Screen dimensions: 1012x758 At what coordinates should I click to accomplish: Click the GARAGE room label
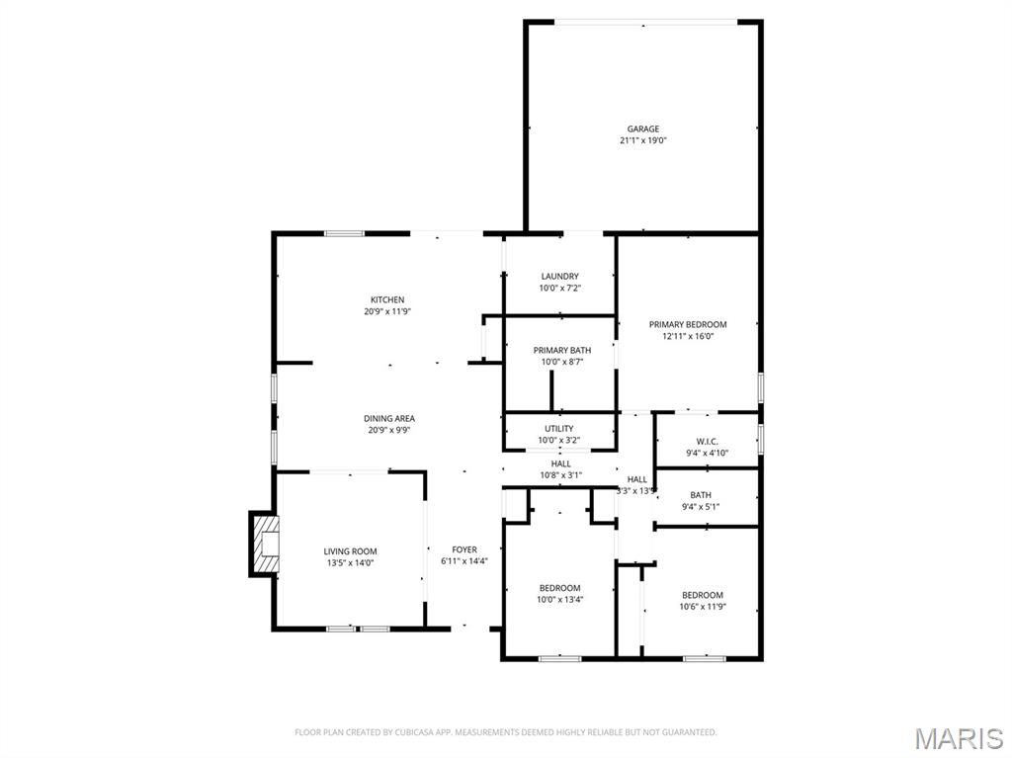[642, 129]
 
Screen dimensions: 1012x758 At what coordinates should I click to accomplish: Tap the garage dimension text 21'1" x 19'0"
[642, 140]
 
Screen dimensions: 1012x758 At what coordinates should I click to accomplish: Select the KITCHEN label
[387, 299]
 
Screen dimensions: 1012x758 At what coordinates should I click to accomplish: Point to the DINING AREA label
[389, 418]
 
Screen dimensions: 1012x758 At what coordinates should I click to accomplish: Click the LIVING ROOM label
[351, 551]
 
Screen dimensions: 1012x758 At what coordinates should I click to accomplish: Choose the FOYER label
[464, 549]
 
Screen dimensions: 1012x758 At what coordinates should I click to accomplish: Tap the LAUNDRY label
[560, 277]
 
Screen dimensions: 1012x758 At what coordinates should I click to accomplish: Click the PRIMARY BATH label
[562, 350]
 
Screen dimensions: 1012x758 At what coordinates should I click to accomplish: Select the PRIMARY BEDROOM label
[688, 324]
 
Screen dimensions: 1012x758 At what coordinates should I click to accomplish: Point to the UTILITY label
[559, 429]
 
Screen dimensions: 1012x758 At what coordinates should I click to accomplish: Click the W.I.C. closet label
[707, 442]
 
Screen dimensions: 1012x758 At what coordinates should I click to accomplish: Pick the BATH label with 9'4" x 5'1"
[701, 495]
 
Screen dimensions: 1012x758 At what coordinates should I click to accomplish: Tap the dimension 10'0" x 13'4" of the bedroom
[560, 599]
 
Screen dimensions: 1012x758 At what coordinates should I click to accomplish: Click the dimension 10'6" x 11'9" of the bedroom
[703, 606]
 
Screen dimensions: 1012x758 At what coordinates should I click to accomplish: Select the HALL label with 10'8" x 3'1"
[561, 463]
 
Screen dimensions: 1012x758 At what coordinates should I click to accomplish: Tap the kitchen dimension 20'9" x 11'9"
[387, 311]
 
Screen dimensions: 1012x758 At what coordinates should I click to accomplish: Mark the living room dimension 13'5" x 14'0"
[351, 563]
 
